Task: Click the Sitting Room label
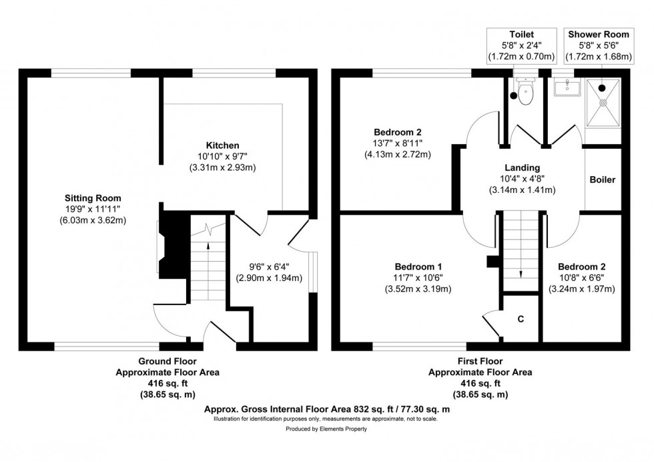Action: (92, 198)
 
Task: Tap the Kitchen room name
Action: (223, 145)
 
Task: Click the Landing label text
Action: (523, 168)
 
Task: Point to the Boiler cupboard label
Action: (603, 180)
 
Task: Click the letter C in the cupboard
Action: (521, 319)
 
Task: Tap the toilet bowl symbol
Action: (525, 94)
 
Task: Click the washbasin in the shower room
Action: (567, 85)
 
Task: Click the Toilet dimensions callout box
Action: (522, 45)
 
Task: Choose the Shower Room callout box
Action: (599, 45)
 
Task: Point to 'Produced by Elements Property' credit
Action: (327, 429)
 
